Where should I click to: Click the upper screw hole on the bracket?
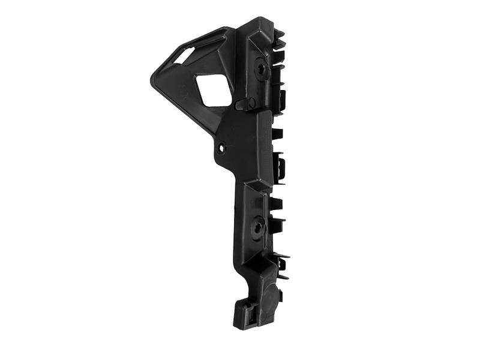(262, 68)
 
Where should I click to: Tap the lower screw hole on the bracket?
(259, 227)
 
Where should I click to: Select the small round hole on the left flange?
(222, 146)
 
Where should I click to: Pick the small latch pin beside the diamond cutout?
(242, 104)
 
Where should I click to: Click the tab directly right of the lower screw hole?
(277, 226)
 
